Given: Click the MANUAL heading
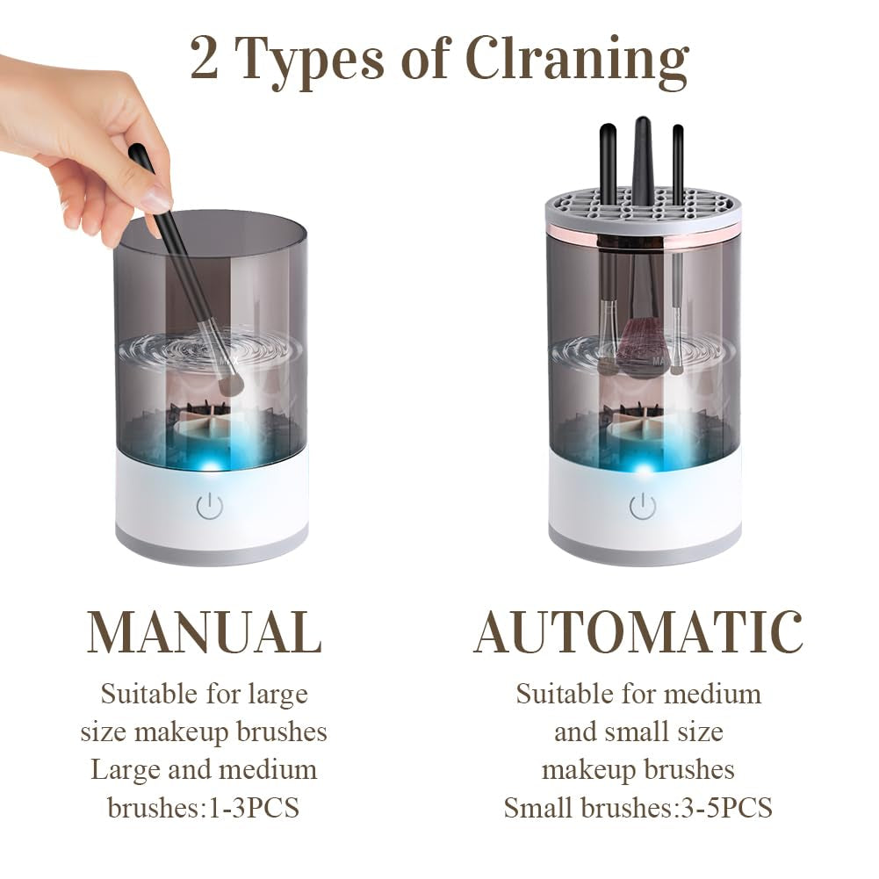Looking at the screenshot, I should pos(204,631).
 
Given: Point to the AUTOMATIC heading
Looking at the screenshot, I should pos(638,631).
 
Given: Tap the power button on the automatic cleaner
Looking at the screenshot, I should pos(643,506).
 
